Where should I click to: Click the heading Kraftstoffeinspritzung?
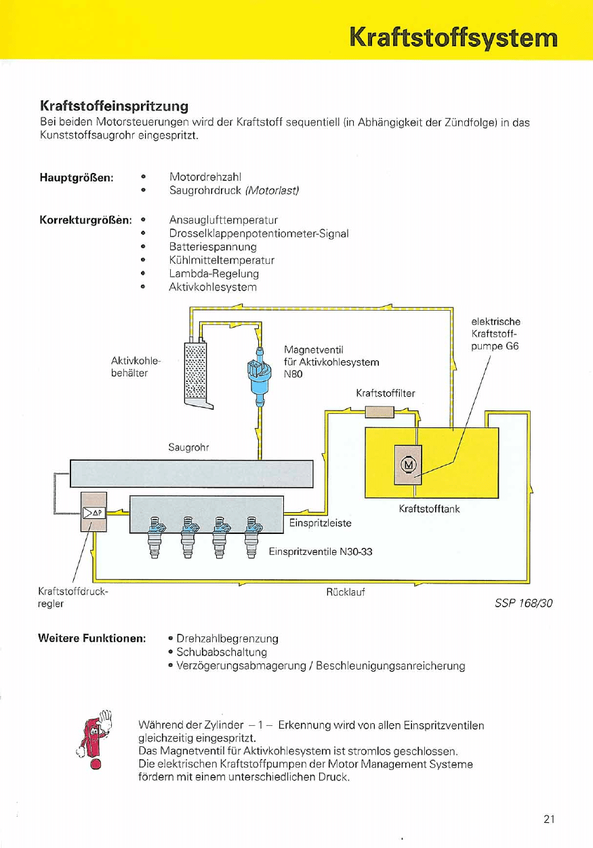(x=113, y=107)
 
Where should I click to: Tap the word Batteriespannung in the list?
(x=213, y=246)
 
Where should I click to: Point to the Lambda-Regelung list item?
(x=213, y=273)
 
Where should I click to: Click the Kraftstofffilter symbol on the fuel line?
(x=380, y=411)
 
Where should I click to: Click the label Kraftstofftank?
(x=430, y=509)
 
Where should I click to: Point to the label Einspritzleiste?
(x=320, y=523)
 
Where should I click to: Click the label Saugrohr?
(x=188, y=448)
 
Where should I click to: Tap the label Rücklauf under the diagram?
(x=346, y=592)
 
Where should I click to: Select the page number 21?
(x=549, y=819)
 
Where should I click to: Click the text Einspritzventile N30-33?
(x=321, y=552)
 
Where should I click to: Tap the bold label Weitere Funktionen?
(x=92, y=638)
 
